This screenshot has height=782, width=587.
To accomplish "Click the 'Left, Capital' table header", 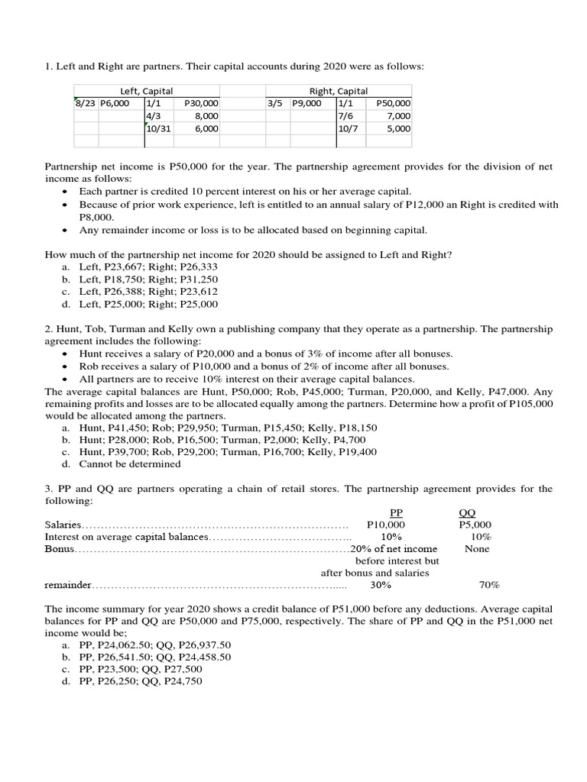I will [147, 91].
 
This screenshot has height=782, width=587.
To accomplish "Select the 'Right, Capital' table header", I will [338, 91].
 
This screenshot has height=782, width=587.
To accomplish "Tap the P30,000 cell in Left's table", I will [202, 103].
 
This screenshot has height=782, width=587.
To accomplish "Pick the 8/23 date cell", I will [84, 103].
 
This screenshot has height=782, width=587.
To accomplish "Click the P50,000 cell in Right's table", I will [394, 103].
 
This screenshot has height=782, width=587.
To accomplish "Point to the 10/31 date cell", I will [159, 129].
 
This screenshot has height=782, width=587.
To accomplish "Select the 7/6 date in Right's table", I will [346, 116].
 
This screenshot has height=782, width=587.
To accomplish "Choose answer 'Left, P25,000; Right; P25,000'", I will [148, 304].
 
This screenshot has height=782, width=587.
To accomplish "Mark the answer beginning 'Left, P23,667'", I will [148, 267].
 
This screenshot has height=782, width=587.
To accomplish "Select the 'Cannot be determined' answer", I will [130, 464].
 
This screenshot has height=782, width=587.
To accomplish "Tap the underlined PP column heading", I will [396, 512].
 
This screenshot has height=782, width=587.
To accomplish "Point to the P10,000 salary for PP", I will [386, 525].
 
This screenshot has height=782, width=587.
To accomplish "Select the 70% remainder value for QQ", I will [489, 585].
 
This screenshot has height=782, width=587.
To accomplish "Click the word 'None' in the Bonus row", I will [477, 548].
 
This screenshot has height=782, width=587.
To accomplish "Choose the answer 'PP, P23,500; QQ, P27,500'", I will [141, 670].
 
